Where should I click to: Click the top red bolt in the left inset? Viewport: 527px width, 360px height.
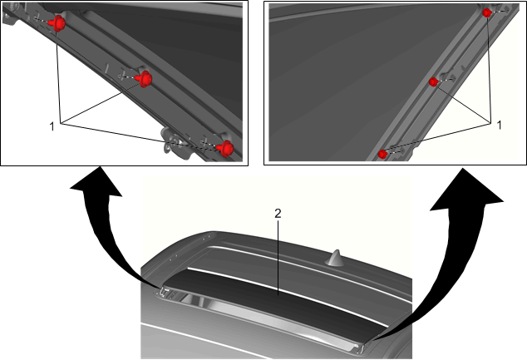[58, 23]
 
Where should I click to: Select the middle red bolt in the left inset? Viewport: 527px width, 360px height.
[145, 79]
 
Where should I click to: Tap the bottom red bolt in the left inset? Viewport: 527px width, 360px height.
[226, 148]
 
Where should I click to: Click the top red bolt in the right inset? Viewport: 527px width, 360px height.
[487, 12]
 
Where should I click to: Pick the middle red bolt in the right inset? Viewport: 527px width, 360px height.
[434, 81]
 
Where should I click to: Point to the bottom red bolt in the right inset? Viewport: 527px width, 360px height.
[382, 155]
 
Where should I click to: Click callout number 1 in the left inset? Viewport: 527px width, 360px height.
[52, 126]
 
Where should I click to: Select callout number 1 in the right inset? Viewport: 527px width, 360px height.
[499, 126]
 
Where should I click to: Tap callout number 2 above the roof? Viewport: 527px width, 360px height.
[278, 213]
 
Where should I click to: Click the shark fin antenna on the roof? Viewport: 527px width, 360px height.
[334, 258]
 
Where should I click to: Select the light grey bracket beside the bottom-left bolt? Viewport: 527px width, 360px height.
[175, 143]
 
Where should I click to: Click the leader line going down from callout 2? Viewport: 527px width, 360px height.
[278, 257]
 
